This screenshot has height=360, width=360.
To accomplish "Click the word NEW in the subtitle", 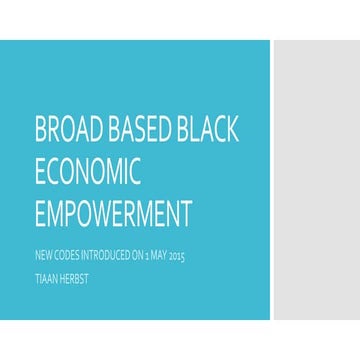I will pyautogui.click(x=43, y=258).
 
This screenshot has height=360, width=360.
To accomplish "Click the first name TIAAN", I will pyautogui.click(x=46, y=276).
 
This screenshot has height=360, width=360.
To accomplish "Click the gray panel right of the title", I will pyautogui.click(x=315, y=180).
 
